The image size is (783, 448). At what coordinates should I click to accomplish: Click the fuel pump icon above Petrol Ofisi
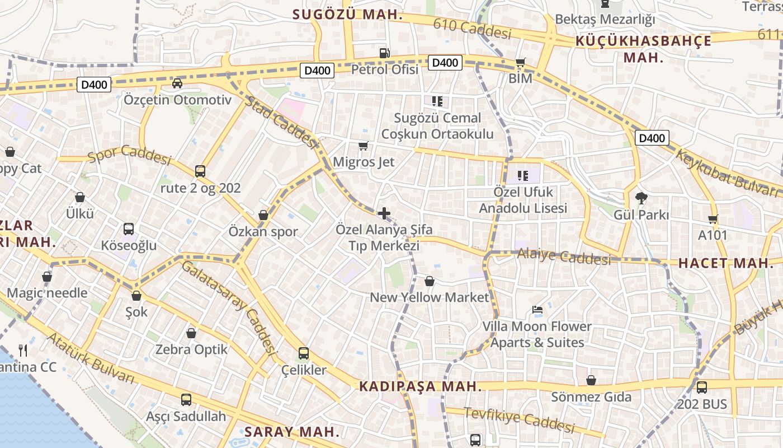384,53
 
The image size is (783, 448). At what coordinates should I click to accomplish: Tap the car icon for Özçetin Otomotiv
177,83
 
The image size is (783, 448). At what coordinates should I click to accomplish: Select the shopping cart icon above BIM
520,62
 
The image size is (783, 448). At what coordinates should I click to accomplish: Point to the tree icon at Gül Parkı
642,198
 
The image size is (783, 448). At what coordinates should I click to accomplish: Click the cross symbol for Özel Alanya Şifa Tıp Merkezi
384,213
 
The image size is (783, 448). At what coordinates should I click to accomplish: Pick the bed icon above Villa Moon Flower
537,310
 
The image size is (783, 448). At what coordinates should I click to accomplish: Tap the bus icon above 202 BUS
701,387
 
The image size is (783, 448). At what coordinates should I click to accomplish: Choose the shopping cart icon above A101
713,219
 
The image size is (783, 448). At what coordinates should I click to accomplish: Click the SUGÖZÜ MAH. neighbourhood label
348,15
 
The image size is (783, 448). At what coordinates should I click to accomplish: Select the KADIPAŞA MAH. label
421,386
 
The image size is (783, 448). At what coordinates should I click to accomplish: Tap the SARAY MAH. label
292,432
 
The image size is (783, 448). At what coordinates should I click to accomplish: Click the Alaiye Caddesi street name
564,256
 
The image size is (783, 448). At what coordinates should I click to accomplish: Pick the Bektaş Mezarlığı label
605,19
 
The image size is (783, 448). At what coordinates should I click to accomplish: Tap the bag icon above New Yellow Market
430,281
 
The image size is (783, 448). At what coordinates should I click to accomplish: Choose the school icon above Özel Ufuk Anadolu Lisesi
523,176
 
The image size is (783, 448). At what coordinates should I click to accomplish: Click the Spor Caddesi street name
130,155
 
